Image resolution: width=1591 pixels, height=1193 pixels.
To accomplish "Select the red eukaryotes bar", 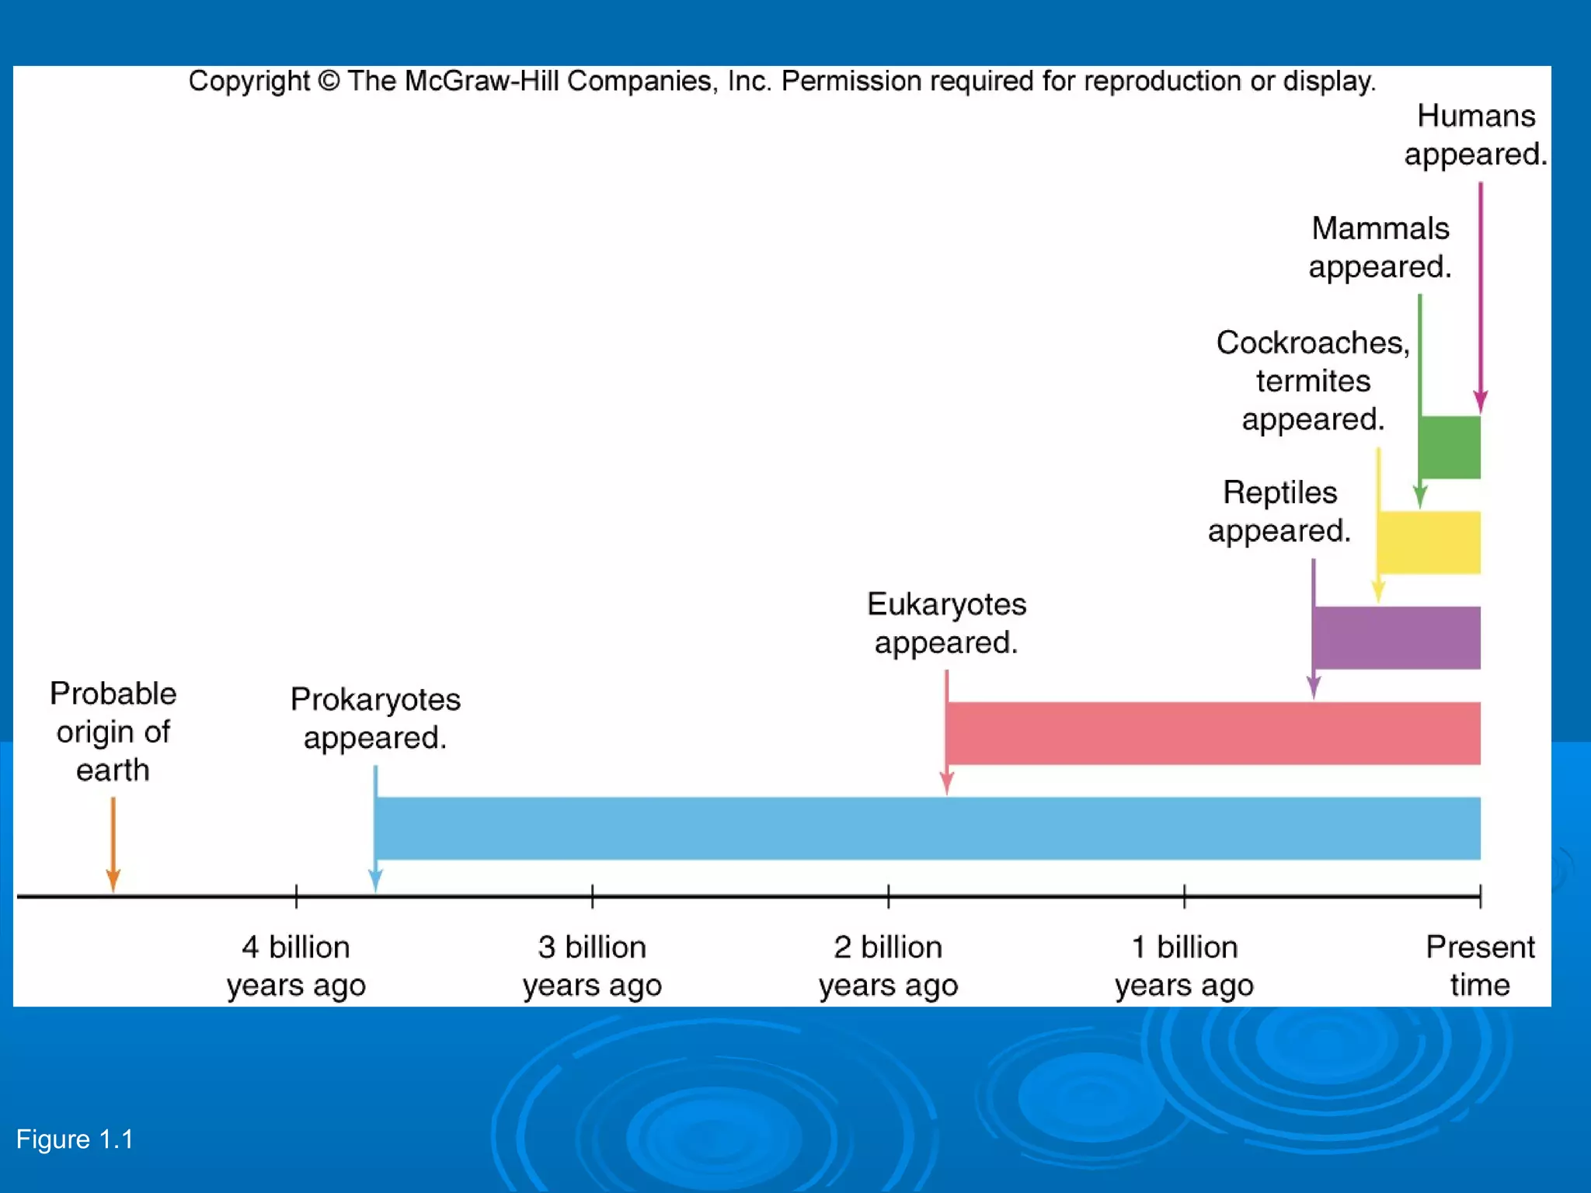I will click(x=1213, y=732).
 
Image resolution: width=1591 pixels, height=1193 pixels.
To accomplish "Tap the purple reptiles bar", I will click(x=1397, y=638).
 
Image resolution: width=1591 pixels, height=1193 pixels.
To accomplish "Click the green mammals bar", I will click(x=1450, y=447).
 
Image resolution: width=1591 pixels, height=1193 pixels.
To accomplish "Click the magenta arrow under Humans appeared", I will click(x=1480, y=295).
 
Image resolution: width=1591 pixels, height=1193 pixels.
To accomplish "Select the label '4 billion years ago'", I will click(x=296, y=965).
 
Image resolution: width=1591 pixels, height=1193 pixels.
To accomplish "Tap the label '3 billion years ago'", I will click(x=592, y=965).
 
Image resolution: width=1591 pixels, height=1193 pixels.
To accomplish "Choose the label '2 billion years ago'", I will click(x=888, y=965).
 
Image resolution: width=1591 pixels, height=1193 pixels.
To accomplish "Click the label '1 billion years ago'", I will click(x=1184, y=965).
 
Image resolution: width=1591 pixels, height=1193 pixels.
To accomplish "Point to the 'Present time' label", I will click(x=1480, y=965).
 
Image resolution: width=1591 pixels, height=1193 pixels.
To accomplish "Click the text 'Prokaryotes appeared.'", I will click(x=375, y=718).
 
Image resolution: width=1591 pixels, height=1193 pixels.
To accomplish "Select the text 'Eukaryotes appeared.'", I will click(x=946, y=623).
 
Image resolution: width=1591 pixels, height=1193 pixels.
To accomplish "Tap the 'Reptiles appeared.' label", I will click(x=1279, y=511).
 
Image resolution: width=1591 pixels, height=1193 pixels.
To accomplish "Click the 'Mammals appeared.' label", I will click(x=1380, y=247).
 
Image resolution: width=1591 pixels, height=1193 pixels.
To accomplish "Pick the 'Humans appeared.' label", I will click(x=1475, y=134).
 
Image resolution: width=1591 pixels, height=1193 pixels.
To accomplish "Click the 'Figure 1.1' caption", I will click(x=75, y=1139).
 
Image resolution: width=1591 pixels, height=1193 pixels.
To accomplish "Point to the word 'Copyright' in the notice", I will click(x=249, y=81).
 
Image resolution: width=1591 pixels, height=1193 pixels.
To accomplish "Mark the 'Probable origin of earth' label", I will click(x=113, y=731).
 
